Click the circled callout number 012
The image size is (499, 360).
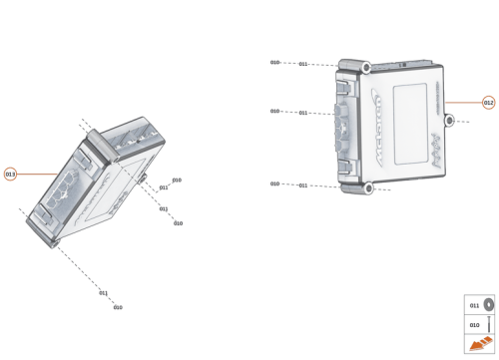[x=488, y=102]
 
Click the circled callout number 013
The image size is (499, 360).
[x=10, y=174]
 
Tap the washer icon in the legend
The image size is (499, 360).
[x=489, y=304]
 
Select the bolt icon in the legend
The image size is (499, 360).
[x=489, y=324]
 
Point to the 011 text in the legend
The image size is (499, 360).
[x=474, y=304]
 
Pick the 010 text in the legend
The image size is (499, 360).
[x=474, y=324]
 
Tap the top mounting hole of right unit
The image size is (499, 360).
[x=366, y=67]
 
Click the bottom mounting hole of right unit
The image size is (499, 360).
[x=366, y=187]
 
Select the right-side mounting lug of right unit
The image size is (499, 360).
[x=449, y=121]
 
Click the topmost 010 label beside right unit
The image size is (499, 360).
[x=274, y=62]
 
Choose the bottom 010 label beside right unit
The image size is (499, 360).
[x=274, y=183]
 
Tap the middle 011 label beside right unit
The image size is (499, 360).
[x=302, y=113]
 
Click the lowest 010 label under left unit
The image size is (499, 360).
[x=118, y=307]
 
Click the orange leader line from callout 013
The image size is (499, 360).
[x=40, y=174]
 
